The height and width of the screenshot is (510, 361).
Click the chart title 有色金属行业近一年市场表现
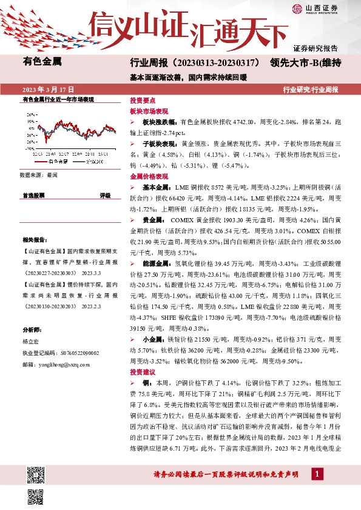(58, 99)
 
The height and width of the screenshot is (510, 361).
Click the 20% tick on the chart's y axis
(30, 114)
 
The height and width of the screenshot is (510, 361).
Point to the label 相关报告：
(33, 240)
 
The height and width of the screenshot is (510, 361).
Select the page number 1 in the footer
(317, 473)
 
